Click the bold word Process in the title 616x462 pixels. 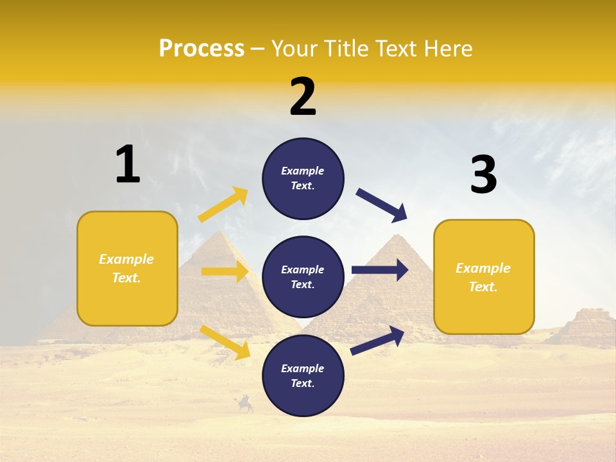pos(201,49)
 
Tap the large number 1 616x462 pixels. pos(128,165)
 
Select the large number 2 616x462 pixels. pos(303,97)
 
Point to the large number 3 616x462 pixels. pos(483,175)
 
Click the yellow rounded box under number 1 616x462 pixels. pos(127,268)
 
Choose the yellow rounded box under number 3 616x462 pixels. pos(484,277)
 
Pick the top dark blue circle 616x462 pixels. pos(303,178)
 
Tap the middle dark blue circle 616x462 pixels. pos(303,277)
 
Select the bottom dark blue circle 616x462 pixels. pos(303,375)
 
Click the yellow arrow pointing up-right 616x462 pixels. pos(223,205)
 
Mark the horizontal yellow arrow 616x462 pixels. pos(225,271)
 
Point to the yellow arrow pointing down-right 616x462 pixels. pos(225,342)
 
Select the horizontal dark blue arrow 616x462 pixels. pos(380,270)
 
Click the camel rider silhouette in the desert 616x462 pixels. pos(244,404)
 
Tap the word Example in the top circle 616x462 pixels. pos(303,171)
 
